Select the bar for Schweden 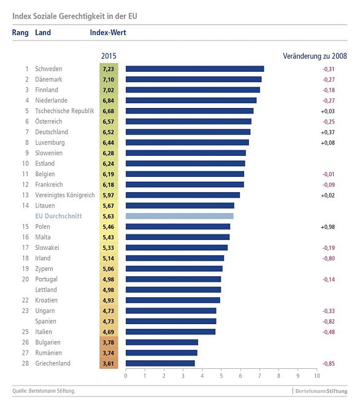(x=194, y=69)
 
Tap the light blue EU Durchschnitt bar (x=179, y=216)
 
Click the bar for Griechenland (x=160, y=363)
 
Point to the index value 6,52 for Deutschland (x=108, y=132)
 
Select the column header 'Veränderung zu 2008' (x=315, y=56)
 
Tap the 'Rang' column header (x=20, y=32)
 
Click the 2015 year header (x=109, y=56)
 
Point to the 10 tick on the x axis (x=316, y=375)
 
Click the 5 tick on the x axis (x=221, y=375)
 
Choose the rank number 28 (x=25, y=363)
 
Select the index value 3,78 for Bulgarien (x=108, y=342)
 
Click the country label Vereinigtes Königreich (x=64, y=195)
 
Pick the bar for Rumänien (x=161, y=353)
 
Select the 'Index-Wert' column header (x=108, y=32)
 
